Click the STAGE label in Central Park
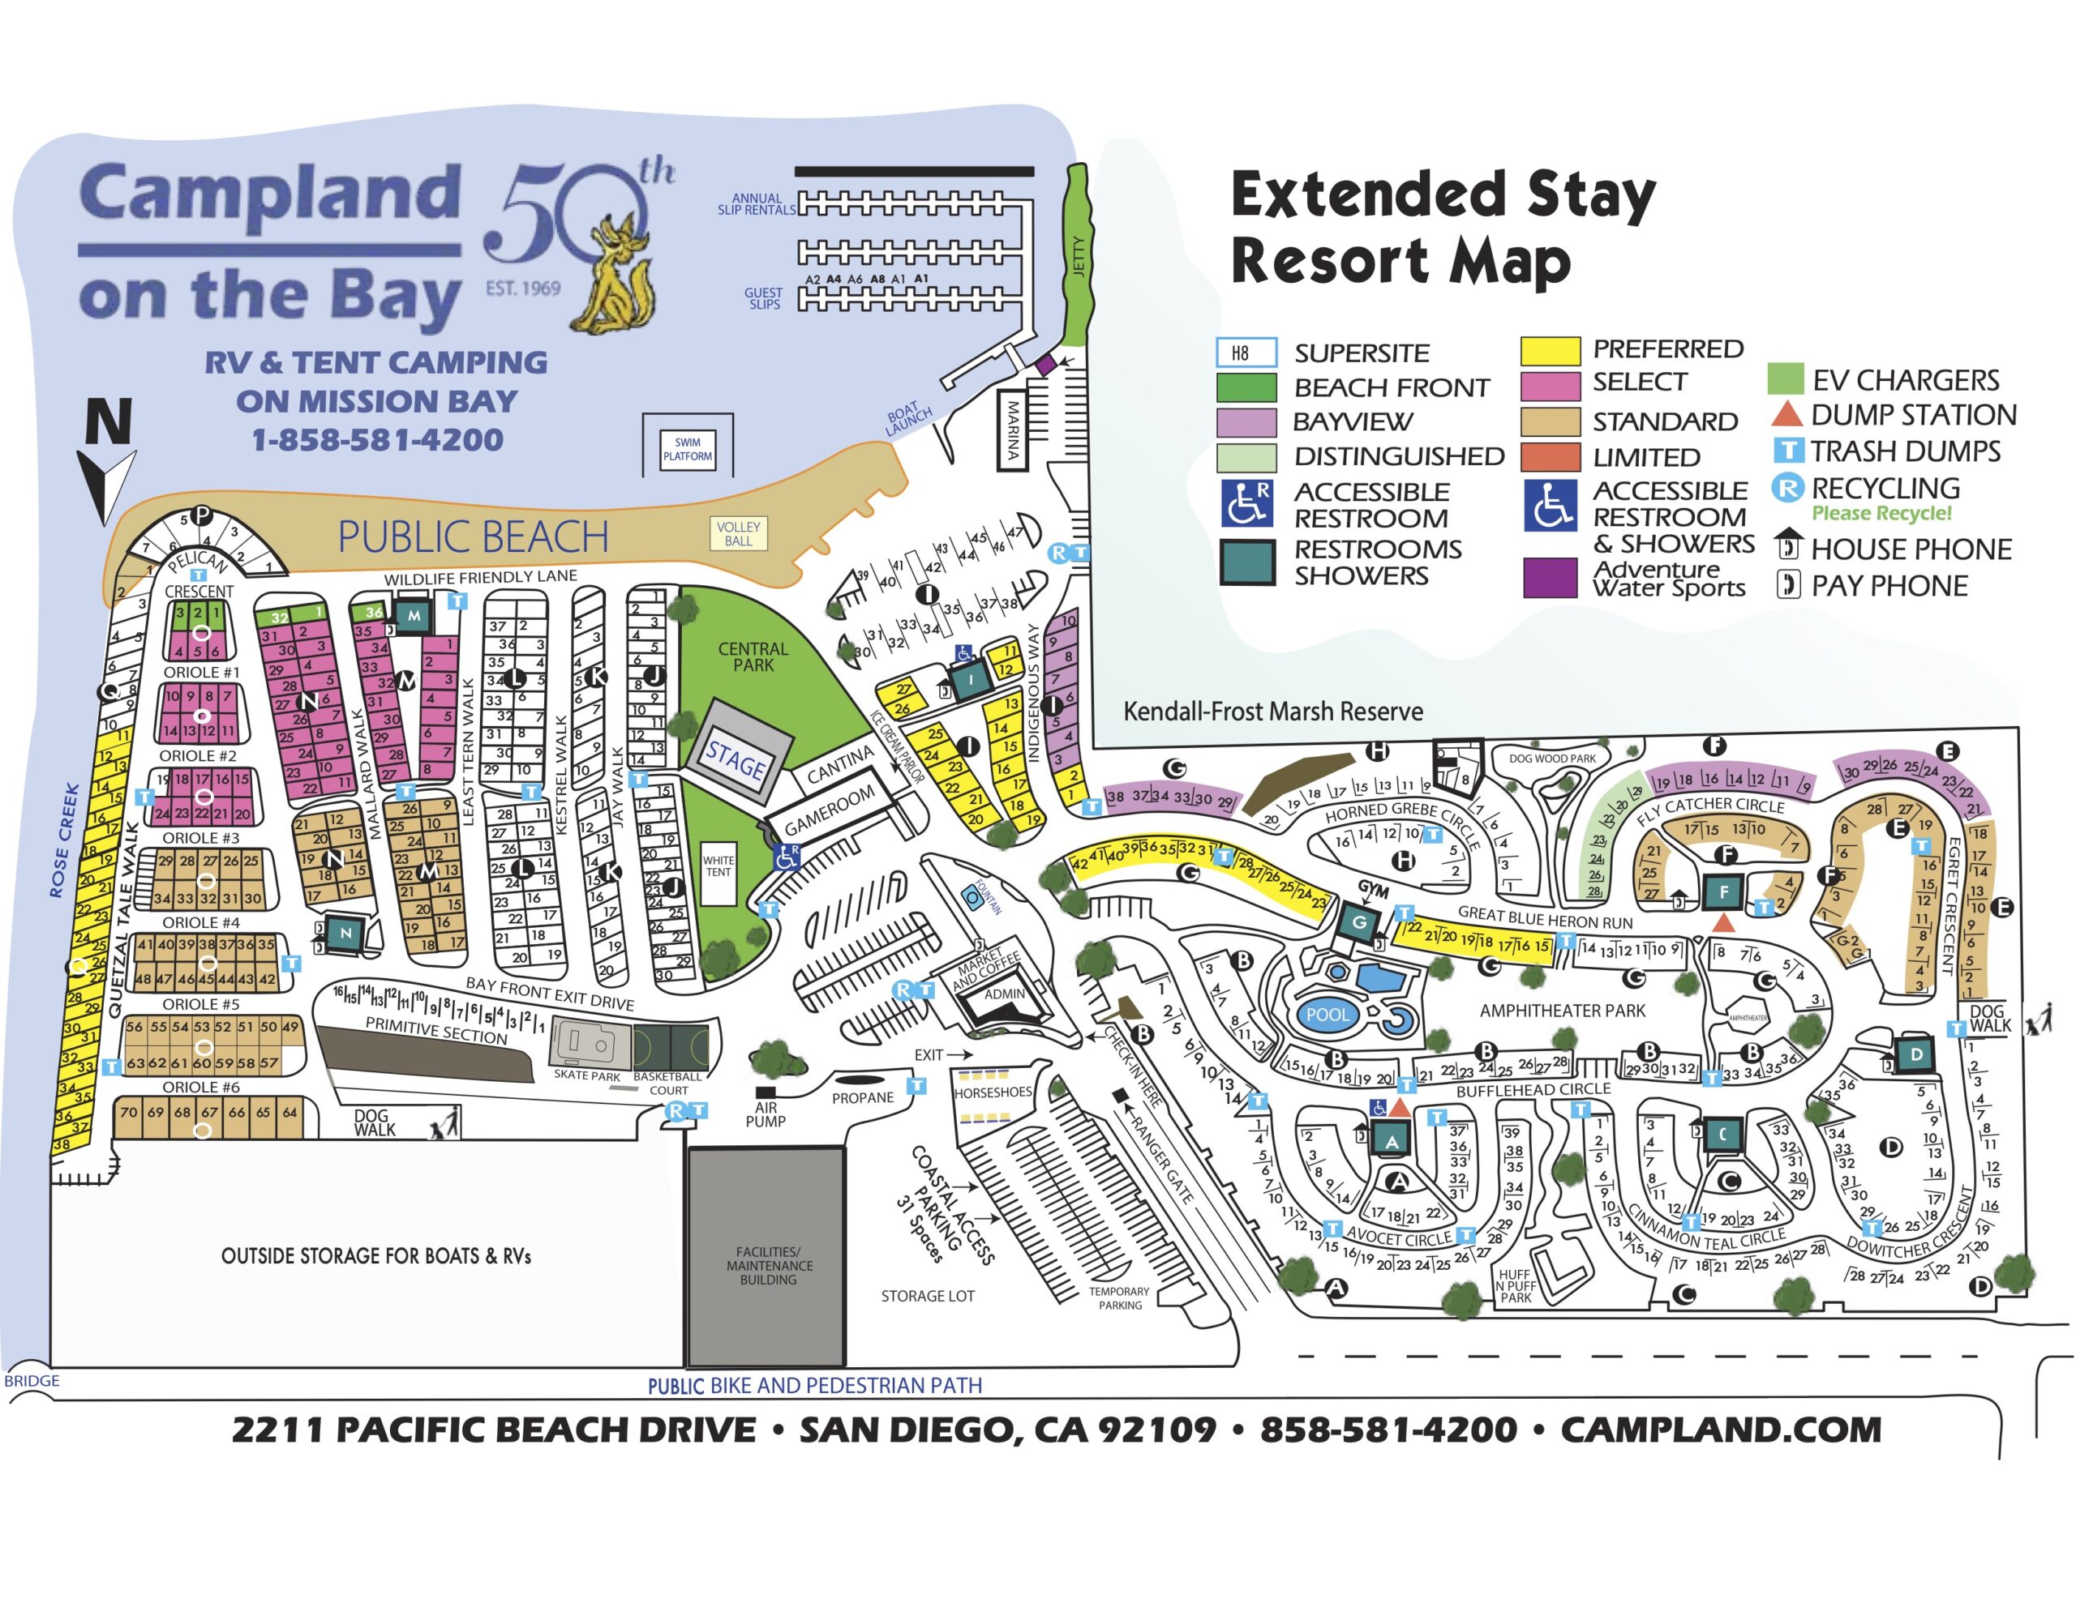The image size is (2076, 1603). [736, 761]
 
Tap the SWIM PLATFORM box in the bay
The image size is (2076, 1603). [687, 448]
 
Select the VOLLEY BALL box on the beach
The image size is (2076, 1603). [739, 534]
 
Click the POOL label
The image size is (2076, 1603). [1327, 1014]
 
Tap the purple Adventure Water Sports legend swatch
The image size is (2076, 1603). [1551, 577]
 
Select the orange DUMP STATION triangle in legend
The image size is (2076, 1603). [1787, 414]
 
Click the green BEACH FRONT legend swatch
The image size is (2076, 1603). [1246, 387]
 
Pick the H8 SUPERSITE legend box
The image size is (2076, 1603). [1246, 353]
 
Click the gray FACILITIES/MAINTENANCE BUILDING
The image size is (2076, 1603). [766, 1256]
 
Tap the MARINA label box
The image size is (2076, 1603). [1014, 430]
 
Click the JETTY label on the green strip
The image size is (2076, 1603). [1078, 257]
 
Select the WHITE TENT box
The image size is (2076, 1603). [718, 866]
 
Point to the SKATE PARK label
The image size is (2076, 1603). [586, 1075]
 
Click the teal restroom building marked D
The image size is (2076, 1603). [1916, 1054]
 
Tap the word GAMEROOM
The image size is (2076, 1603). [829, 811]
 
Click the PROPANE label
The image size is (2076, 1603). [862, 1097]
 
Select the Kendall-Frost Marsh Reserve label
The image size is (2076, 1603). [1273, 712]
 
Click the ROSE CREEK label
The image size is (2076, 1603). [65, 840]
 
